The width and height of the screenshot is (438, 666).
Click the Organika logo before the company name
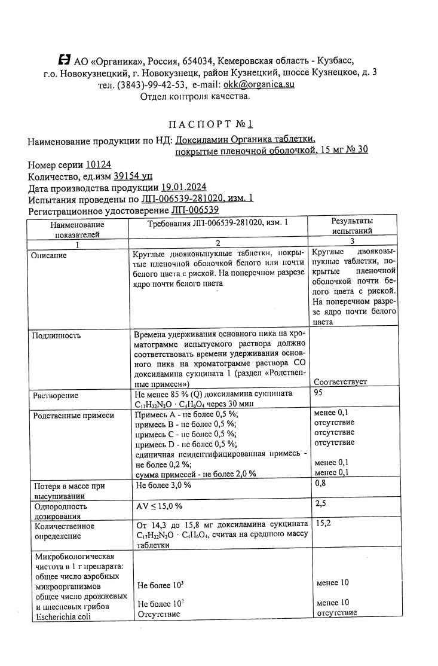[x=64, y=60]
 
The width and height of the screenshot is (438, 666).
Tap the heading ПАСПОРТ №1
[x=211, y=124]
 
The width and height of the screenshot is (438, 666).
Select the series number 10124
[x=98, y=164]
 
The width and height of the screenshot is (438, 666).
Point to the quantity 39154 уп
[x=133, y=176]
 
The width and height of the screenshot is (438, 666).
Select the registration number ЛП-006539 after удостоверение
[x=195, y=210]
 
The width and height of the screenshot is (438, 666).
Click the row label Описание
[x=49, y=255]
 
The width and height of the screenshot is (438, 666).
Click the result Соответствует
[x=340, y=381]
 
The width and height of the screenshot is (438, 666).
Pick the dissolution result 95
[x=320, y=393]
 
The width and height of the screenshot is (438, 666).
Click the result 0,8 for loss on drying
[x=320, y=483]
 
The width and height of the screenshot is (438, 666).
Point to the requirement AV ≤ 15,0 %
[x=160, y=506]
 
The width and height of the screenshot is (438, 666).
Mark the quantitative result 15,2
[x=323, y=523]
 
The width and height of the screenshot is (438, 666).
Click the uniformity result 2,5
[x=320, y=503]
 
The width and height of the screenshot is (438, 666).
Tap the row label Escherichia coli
[x=63, y=617]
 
